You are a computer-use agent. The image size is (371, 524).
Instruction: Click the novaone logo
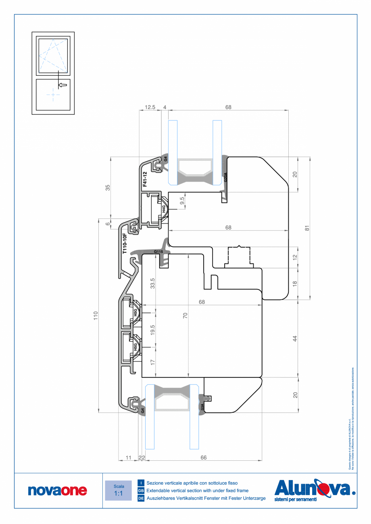(57, 490)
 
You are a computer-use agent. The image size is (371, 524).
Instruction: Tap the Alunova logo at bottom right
(315, 489)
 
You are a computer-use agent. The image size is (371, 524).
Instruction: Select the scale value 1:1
(119, 493)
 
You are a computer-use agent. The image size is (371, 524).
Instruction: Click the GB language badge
(141, 491)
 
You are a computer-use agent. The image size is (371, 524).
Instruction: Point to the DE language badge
(141, 498)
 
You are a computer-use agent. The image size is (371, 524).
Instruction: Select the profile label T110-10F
(125, 243)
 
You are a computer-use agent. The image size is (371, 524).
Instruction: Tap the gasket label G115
(158, 252)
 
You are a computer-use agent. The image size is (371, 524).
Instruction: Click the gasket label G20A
(225, 177)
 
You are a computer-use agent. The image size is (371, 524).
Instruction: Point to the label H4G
(164, 209)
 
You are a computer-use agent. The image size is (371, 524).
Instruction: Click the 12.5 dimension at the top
(150, 107)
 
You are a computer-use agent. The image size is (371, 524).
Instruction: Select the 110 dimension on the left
(96, 315)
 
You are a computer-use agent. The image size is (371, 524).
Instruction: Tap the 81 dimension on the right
(307, 228)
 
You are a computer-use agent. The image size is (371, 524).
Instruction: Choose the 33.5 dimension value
(152, 283)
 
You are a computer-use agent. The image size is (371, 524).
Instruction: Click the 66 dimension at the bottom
(203, 458)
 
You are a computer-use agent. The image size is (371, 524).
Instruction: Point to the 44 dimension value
(295, 338)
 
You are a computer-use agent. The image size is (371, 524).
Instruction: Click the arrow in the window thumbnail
(63, 85)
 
